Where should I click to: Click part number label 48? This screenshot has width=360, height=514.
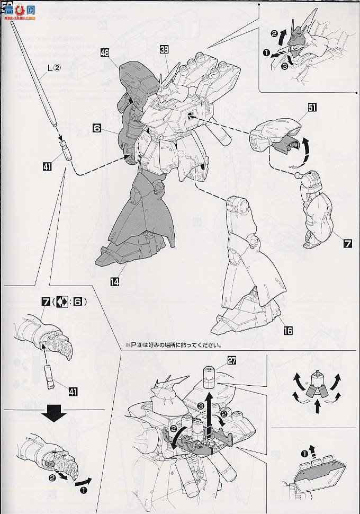click(104, 52)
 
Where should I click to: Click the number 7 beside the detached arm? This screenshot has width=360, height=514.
click(347, 244)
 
